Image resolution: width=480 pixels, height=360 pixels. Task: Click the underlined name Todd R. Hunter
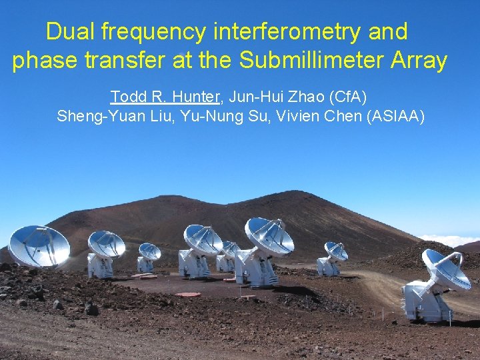point(165,97)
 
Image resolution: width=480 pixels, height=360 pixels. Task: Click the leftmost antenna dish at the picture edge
point(37,245)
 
